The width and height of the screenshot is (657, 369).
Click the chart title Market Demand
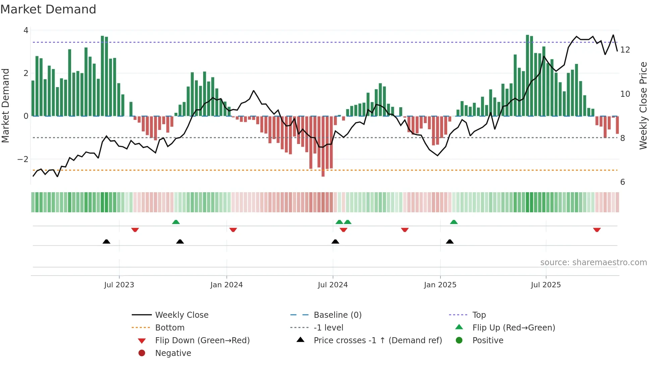coord(48,9)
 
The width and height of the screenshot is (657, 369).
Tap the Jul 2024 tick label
coord(333,285)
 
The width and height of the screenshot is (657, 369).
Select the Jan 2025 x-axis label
coord(440,285)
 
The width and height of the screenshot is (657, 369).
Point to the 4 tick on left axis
coord(26,30)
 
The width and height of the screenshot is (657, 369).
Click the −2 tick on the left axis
coord(23,159)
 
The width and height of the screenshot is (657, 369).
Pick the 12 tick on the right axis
coord(625,50)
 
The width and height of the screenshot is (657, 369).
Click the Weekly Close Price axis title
coord(643,105)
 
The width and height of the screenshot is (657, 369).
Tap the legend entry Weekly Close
coord(181,315)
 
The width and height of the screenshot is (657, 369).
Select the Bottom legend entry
coord(170,328)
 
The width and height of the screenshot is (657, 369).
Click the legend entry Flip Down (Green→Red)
coord(202,341)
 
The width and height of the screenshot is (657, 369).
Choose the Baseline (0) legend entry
coord(337,315)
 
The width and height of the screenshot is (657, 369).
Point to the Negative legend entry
coord(173,353)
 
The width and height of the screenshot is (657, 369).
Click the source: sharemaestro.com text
coord(593,263)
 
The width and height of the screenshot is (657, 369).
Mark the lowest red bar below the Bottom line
coord(323,172)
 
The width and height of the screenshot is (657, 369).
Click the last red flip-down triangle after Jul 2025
coord(597,230)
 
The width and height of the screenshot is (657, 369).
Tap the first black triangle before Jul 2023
coord(106,241)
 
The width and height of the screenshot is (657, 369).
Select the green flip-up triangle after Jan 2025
coord(454,222)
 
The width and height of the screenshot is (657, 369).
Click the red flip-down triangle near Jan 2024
coord(233,230)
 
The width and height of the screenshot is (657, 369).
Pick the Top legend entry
coord(479,315)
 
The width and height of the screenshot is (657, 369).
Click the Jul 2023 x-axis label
coord(119,285)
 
